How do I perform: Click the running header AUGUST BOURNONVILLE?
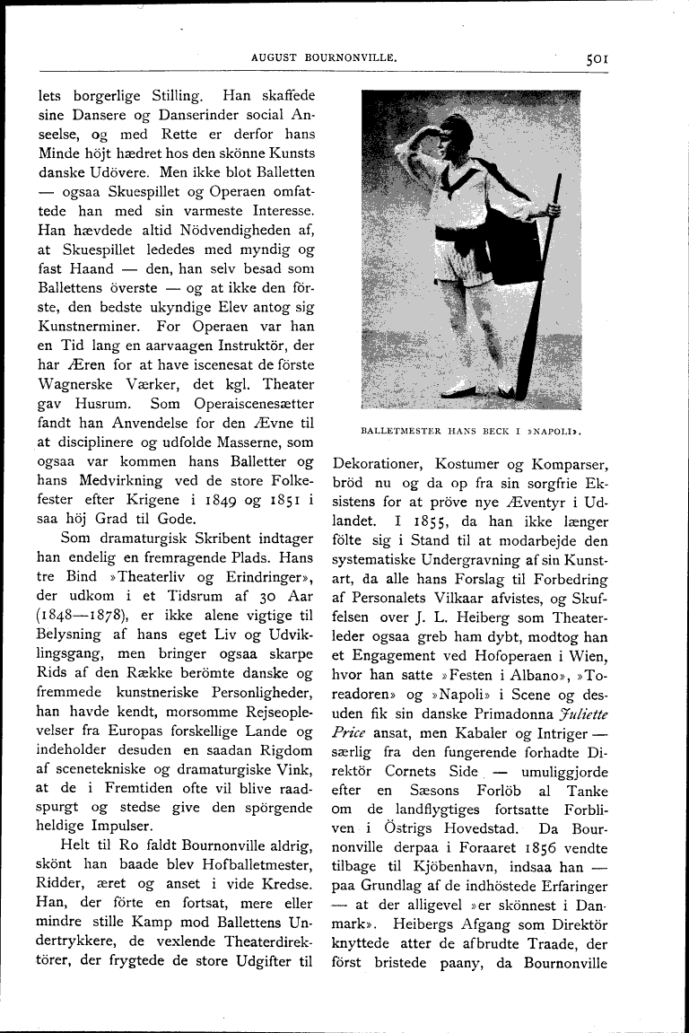coord(324,57)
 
